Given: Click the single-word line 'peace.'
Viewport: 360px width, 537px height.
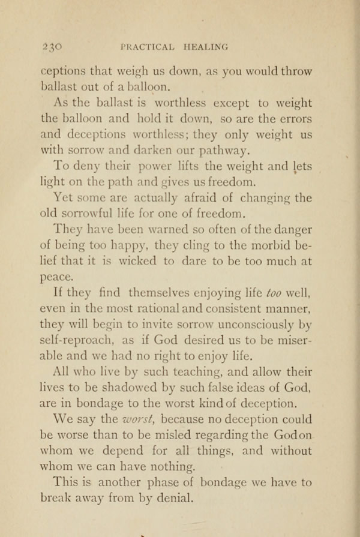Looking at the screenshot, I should pos(57,278).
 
